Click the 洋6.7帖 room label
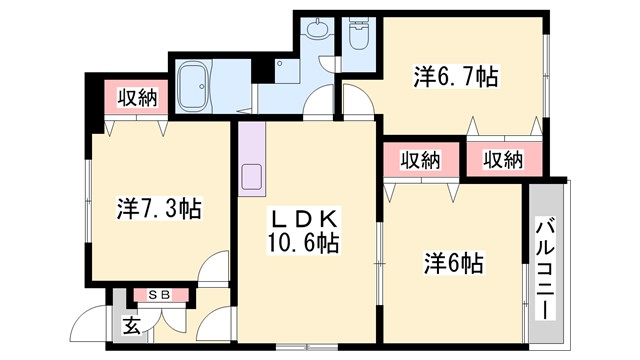click(457, 76)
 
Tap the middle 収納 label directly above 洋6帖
click(421, 159)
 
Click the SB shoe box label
click(159, 294)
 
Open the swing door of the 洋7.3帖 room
click(213, 272)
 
